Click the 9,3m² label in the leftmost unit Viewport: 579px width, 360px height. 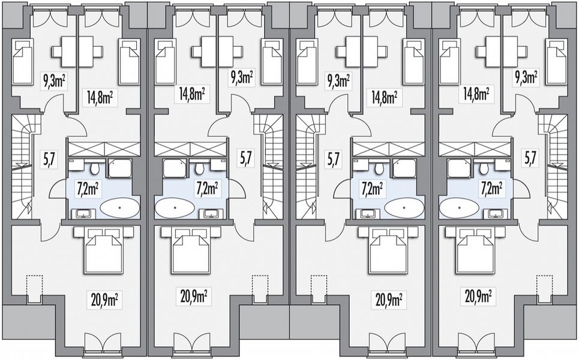tap(55, 81)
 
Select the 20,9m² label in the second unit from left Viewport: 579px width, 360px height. tap(193, 295)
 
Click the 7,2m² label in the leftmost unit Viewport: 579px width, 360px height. tap(87, 189)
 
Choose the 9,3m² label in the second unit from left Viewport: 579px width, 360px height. tap(241, 78)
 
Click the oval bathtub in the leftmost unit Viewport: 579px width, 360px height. tap(120, 208)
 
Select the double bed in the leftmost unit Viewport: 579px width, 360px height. tap(103, 250)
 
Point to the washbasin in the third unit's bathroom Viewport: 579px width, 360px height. tap(367, 214)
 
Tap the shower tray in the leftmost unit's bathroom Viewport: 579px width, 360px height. tap(119, 169)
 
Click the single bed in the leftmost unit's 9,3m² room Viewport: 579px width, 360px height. tap(23, 61)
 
